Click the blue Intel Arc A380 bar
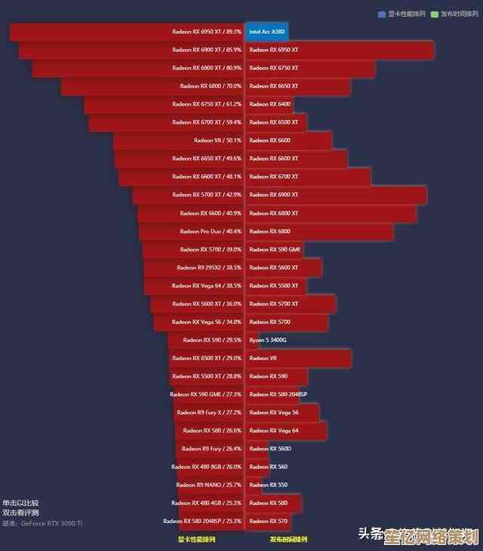click(x=266, y=32)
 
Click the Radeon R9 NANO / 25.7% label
click(x=208, y=485)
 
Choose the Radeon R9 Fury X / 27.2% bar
click(x=209, y=413)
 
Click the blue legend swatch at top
click(x=382, y=14)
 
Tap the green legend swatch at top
click(x=435, y=14)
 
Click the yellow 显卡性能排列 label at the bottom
click(x=196, y=540)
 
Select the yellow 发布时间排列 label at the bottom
click(x=288, y=540)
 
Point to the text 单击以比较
click(x=20, y=503)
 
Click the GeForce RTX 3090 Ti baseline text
click(x=52, y=523)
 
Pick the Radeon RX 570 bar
click(x=269, y=522)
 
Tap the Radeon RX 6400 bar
click(x=269, y=104)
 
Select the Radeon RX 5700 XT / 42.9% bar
click(x=188, y=195)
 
